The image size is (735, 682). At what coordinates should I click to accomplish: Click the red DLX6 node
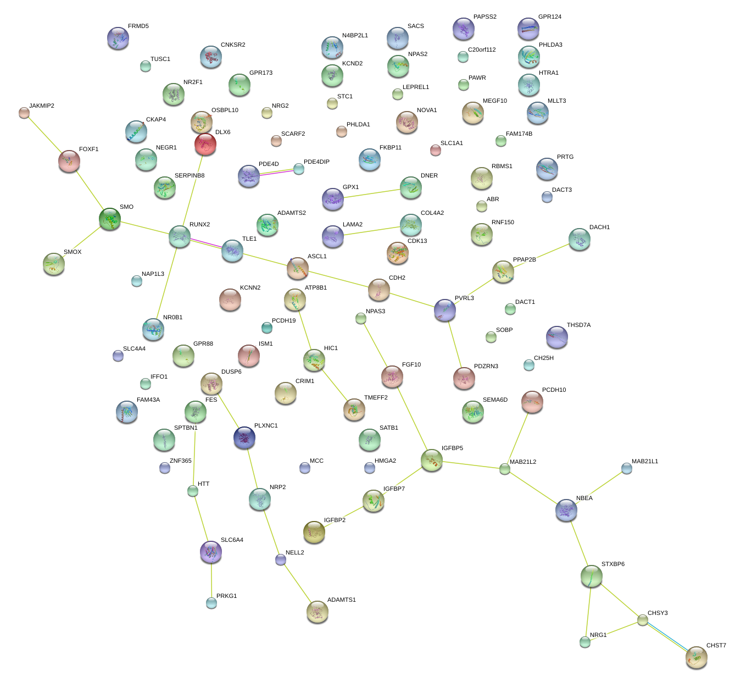(x=205, y=145)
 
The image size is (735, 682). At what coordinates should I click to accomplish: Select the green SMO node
(x=110, y=219)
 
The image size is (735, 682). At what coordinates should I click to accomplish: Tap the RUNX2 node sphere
(x=180, y=236)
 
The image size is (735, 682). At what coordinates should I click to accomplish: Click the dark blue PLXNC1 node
(x=244, y=437)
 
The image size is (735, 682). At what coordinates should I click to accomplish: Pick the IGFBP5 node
(x=432, y=460)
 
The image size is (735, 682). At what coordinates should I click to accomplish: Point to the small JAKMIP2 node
(x=24, y=113)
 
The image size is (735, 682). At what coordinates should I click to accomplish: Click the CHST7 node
(x=697, y=657)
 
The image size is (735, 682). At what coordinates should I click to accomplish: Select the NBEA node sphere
(x=566, y=510)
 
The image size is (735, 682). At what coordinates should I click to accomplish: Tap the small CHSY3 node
(x=643, y=620)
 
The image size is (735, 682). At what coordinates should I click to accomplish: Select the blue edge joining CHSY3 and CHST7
(x=668, y=637)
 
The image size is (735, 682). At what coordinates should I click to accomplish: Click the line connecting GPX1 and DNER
(x=372, y=193)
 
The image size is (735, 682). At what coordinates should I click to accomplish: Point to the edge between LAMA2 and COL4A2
(x=372, y=231)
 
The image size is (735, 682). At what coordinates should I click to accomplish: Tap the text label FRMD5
(x=138, y=26)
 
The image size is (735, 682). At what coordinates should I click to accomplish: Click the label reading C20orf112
(x=482, y=50)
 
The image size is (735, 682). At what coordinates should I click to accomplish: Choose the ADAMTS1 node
(x=317, y=612)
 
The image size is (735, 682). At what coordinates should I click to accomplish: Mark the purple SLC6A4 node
(x=211, y=552)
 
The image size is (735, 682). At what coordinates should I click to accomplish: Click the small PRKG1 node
(x=211, y=603)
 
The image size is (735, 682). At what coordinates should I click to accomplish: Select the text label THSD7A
(x=578, y=325)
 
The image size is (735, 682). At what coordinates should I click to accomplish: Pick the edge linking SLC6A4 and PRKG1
(x=211, y=580)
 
